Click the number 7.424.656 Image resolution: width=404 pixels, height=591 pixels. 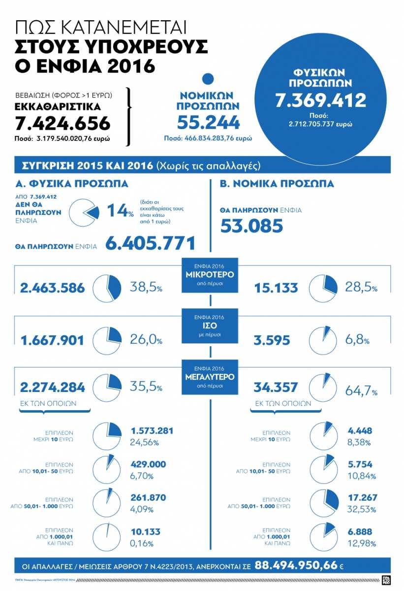62,123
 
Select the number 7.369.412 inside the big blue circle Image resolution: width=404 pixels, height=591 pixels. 320,100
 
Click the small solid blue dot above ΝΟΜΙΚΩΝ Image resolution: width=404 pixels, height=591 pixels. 208,79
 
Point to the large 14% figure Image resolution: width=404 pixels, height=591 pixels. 120,211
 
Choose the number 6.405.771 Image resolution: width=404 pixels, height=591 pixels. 150,243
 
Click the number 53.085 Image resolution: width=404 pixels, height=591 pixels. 251,226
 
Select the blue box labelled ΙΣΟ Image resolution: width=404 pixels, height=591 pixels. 210,325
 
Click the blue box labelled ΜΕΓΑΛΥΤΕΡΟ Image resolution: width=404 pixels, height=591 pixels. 210,377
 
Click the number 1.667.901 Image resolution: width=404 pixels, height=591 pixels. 52,340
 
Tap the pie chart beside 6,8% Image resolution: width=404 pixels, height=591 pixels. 323,340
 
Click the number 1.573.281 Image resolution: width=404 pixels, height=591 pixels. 152,431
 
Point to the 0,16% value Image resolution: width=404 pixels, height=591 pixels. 142,544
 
